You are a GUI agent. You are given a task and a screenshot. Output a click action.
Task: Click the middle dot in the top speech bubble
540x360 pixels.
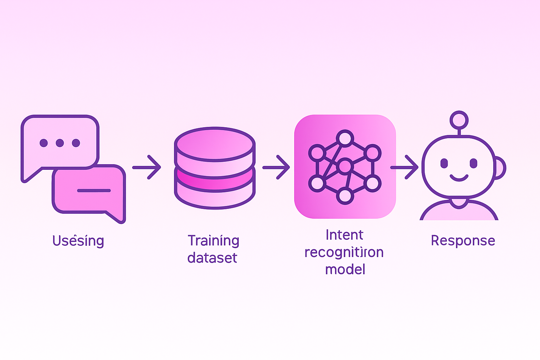click(x=60, y=143)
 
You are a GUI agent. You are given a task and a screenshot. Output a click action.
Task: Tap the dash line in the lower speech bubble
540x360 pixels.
click(x=94, y=191)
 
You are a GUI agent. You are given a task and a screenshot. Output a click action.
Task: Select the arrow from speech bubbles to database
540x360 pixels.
click(x=147, y=167)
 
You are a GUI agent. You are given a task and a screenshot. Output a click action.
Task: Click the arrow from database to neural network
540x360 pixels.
click(x=276, y=167)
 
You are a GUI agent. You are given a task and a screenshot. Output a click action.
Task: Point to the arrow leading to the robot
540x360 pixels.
click(x=405, y=167)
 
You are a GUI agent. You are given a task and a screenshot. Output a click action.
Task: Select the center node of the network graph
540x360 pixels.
click(x=345, y=166)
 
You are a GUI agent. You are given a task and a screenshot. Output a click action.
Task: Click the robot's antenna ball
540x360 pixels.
click(x=459, y=120)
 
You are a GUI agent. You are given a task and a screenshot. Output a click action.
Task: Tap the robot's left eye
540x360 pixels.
click(x=444, y=163)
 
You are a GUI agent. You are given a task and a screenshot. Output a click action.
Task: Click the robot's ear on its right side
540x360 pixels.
click(x=500, y=168)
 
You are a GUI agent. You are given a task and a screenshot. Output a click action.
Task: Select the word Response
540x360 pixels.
click(x=463, y=241)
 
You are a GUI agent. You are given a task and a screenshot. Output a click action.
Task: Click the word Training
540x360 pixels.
click(x=213, y=241)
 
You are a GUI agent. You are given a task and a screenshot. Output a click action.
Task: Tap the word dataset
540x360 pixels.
click(x=212, y=258)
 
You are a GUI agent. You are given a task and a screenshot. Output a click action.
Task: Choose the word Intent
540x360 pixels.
click(x=344, y=235)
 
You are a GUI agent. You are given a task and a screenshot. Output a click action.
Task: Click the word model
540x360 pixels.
click(x=345, y=270)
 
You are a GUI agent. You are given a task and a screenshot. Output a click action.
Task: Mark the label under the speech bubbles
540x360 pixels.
click(x=78, y=241)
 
